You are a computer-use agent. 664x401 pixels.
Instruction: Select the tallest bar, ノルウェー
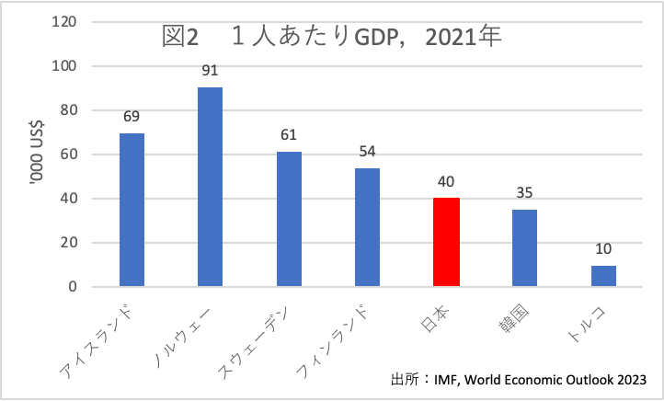tap(210, 188)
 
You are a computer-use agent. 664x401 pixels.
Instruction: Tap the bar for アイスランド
tap(132, 211)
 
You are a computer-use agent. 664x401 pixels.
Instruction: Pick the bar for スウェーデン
tap(289, 220)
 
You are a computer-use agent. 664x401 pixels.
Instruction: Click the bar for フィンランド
tap(368, 228)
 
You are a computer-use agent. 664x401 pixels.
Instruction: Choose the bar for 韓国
tap(525, 248)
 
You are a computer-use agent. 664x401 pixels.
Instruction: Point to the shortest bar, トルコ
tap(603, 276)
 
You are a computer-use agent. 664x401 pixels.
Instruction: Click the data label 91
tap(210, 70)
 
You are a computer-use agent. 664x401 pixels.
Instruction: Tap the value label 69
tap(132, 117)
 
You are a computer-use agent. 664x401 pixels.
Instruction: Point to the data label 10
tap(603, 249)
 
